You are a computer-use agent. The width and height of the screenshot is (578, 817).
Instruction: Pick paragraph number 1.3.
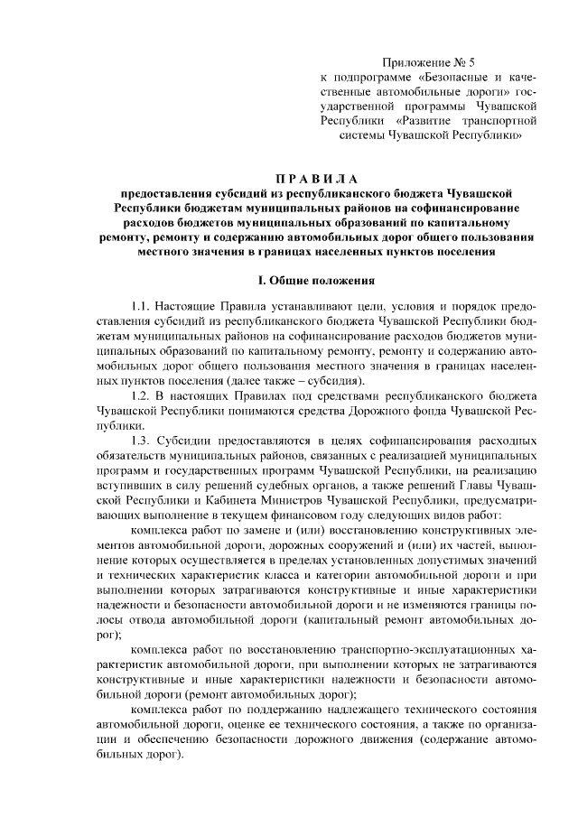(144, 441)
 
